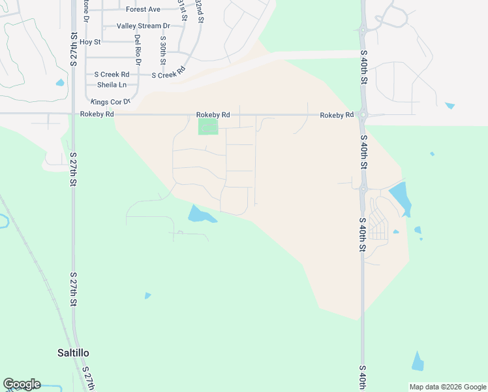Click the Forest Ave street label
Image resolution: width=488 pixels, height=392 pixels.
pos(143,10)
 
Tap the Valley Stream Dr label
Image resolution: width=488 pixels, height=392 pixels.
pos(143,26)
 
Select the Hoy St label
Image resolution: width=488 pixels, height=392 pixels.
pos(90,42)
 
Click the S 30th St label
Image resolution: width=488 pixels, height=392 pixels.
pos(162,51)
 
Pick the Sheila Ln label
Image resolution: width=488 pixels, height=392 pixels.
pos(112,85)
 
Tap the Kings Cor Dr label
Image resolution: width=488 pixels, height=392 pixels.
pos(110,102)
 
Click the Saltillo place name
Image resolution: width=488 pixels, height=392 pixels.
pos(72,353)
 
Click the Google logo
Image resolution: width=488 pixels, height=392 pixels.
pos(22,384)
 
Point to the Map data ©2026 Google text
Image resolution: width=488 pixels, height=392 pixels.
pos(447,387)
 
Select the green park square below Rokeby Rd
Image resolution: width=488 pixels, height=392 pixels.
pos(208,126)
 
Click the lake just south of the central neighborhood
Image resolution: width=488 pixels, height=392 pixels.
pos(200,214)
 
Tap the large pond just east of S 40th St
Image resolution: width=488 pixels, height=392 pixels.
pos(399,197)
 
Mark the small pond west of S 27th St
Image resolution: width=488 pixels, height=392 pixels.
pos(60,83)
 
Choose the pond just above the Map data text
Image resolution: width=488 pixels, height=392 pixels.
pos(418,361)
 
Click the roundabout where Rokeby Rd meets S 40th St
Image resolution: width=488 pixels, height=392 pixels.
pos(363,115)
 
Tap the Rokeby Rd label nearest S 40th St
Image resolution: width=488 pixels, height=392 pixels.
pos(336,115)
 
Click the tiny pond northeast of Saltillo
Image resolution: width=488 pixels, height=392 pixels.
pos(147,296)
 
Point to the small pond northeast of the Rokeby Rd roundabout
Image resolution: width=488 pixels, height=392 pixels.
pos(450,105)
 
